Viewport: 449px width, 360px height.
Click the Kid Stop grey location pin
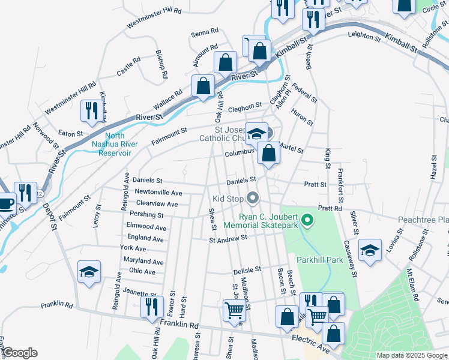(x=253, y=197)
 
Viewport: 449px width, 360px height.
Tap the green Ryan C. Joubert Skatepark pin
(x=308, y=221)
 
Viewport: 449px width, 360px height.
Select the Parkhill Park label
(x=319, y=260)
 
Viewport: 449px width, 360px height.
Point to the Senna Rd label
(x=205, y=34)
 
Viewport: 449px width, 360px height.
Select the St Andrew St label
(x=228, y=238)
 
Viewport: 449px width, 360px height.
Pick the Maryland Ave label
(x=143, y=262)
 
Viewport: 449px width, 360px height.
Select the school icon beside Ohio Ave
(x=89, y=272)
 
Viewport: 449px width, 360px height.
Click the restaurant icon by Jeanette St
(x=152, y=307)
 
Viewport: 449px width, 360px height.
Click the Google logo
(x=19, y=353)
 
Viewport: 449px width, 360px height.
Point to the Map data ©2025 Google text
(x=412, y=355)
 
